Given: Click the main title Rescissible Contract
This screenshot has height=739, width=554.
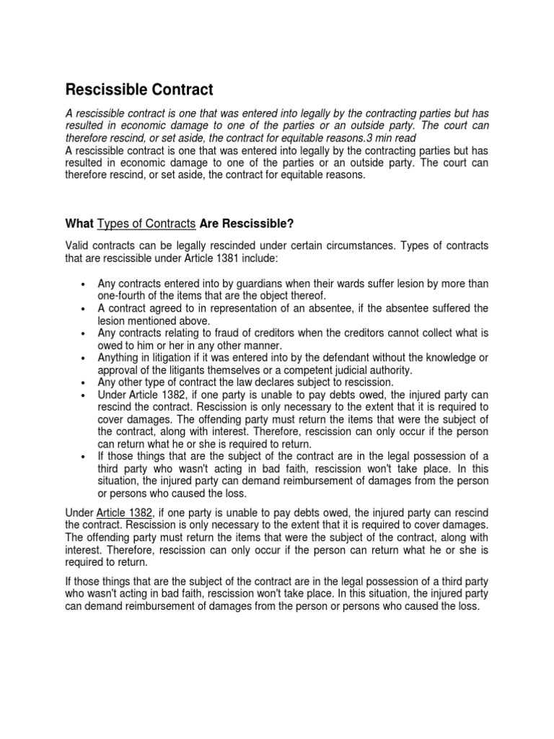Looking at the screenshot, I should point(139,90).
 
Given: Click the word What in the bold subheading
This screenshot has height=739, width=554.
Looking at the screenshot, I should point(79,222).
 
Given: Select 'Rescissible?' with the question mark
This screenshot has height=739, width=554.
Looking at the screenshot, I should point(255,222).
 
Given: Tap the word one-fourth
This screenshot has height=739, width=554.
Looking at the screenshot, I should point(121,295).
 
